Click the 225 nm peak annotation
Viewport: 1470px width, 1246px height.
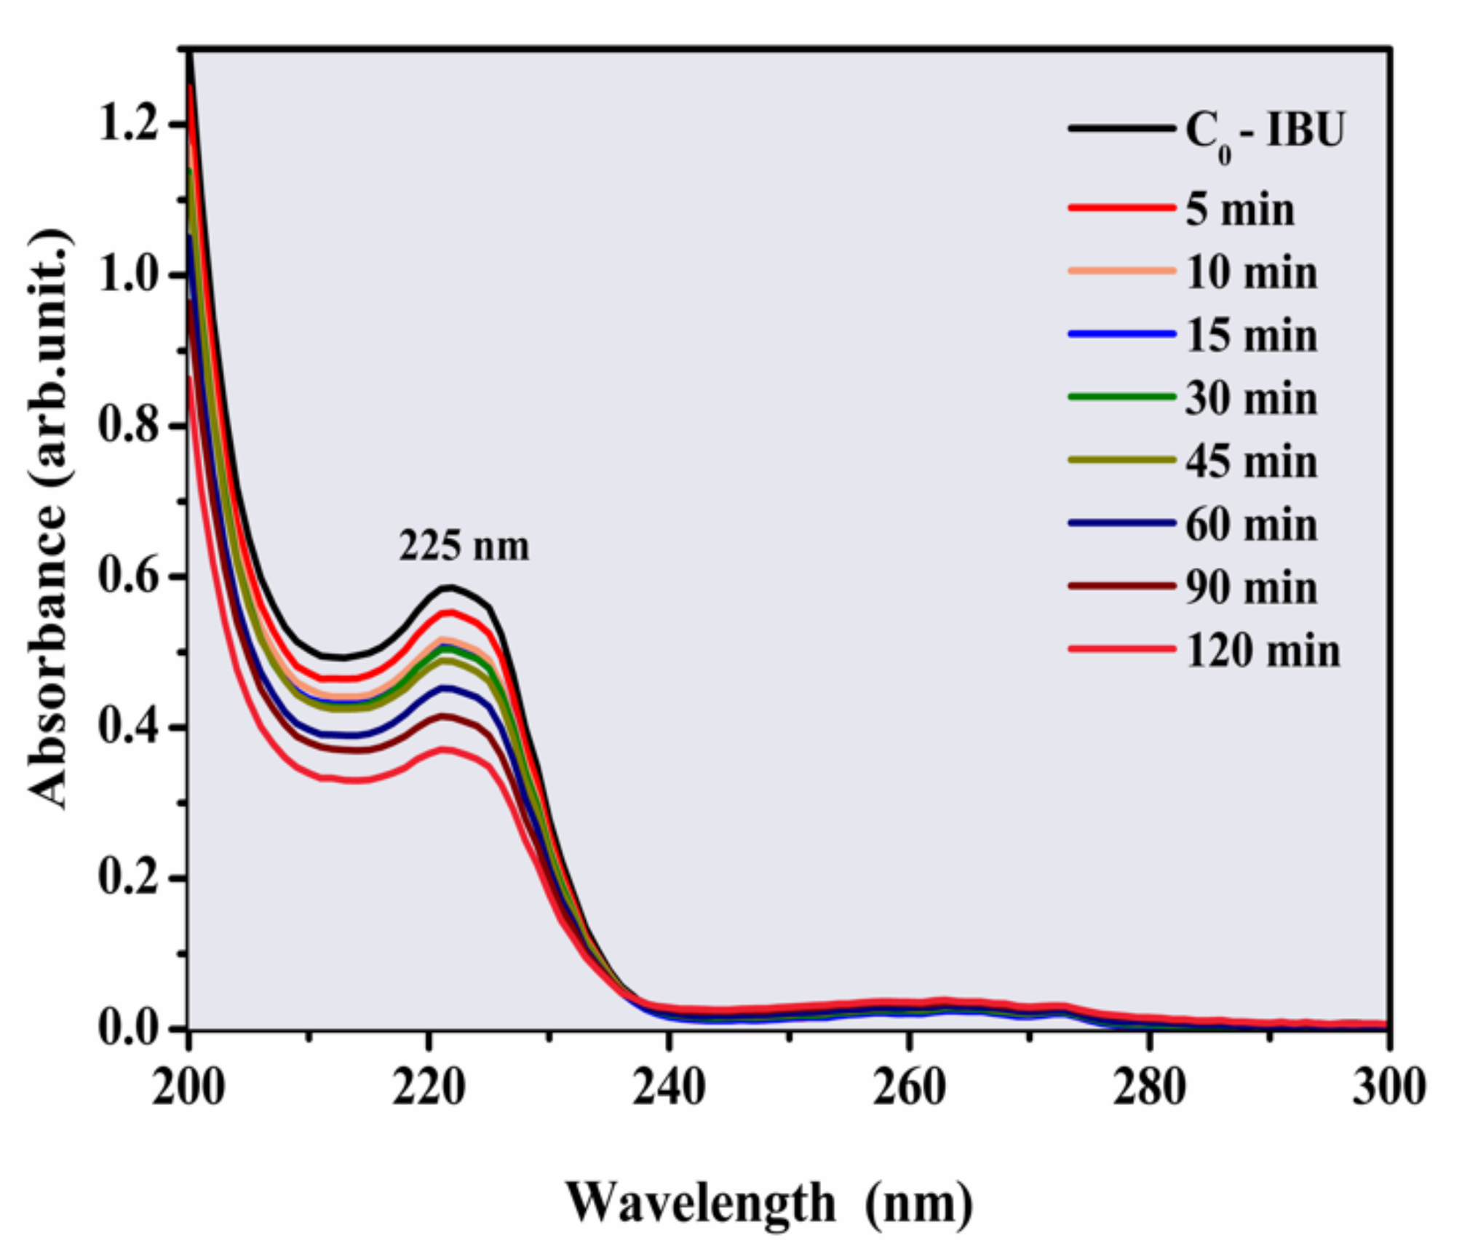pyautogui.click(x=464, y=546)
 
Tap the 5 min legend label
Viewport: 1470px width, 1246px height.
pyautogui.click(x=1240, y=210)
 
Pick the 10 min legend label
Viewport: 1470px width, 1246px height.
pyautogui.click(x=1251, y=273)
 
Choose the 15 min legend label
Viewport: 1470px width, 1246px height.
pyautogui.click(x=1251, y=336)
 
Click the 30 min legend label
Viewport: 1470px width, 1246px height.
pyautogui.click(x=1251, y=399)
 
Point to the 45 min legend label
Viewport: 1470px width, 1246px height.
pyautogui.click(x=1251, y=461)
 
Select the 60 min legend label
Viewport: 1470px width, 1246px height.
pyautogui.click(x=1251, y=525)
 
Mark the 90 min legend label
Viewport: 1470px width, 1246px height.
pyautogui.click(x=1251, y=587)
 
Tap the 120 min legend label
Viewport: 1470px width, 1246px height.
pyautogui.click(x=1263, y=651)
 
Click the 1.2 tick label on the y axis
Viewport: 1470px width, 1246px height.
pyautogui.click(x=128, y=124)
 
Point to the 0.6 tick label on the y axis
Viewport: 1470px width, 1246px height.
pyautogui.click(x=128, y=576)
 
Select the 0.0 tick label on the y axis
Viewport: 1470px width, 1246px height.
pyautogui.click(x=128, y=1028)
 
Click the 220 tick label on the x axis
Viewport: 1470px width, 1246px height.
pyautogui.click(x=428, y=1088)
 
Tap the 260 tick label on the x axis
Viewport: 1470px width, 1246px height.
pyautogui.click(x=908, y=1088)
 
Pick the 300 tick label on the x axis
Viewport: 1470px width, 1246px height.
pyautogui.click(x=1388, y=1088)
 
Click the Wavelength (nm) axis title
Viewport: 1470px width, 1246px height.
pyautogui.click(x=768, y=1202)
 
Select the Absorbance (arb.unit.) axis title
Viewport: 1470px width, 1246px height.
pyautogui.click(x=49, y=518)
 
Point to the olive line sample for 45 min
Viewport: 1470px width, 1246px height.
pyautogui.click(x=1121, y=460)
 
